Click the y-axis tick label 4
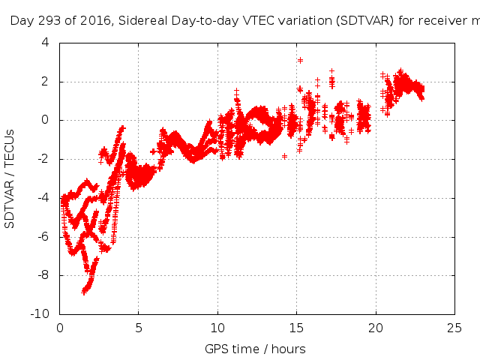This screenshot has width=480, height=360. (45, 42)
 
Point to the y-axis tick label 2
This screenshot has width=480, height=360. (45, 81)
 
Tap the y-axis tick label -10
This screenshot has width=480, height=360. (40, 314)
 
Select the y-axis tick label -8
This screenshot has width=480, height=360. (43, 275)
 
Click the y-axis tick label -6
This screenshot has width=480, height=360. (43, 236)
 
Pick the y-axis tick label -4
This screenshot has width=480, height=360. (43, 198)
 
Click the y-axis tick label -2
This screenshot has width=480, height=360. (43, 159)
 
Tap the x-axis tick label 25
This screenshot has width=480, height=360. (454, 327)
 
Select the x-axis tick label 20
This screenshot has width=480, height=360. (376, 327)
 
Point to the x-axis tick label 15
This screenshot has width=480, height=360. (297, 327)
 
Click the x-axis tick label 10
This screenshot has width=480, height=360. (218, 327)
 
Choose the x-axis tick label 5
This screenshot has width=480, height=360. (139, 327)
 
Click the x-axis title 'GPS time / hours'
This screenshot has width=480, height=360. (255, 349)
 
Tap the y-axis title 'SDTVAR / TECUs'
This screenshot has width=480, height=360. (10, 178)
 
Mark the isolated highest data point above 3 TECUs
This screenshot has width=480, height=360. (300, 60)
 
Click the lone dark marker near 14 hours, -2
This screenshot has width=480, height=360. (284, 156)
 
